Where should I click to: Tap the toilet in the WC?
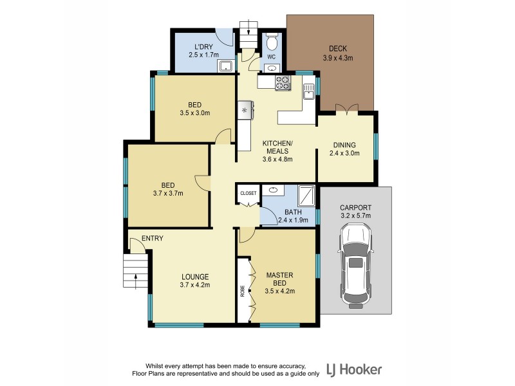[x=272, y=43]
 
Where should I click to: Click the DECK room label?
[x=337, y=48]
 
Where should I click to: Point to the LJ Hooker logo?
[x=354, y=369]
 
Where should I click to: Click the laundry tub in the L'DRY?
[x=226, y=66]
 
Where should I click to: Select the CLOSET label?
[x=248, y=193]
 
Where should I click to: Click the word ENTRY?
[x=152, y=238]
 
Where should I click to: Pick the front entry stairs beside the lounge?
[x=135, y=270]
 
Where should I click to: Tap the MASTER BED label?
[x=279, y=279]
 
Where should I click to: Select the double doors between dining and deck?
[x=346, y=111]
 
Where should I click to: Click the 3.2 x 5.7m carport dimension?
[x=355, y=217]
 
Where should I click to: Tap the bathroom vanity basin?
[x=273, y=190]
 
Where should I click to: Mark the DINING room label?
[x=345, y=145]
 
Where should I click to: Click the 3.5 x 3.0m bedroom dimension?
[x=194, y=113]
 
